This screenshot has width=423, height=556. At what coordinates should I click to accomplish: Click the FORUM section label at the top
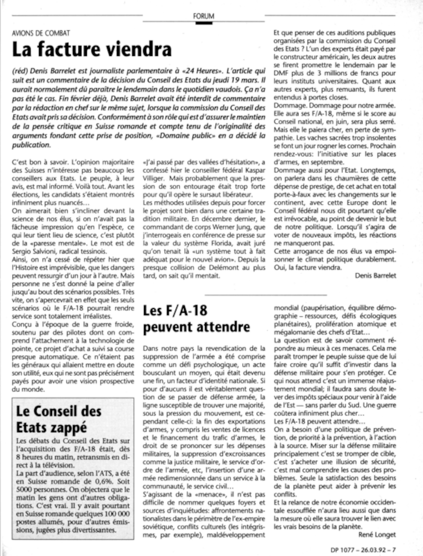coord(204,16)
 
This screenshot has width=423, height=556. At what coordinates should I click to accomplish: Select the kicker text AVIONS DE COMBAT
coord(41,33)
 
